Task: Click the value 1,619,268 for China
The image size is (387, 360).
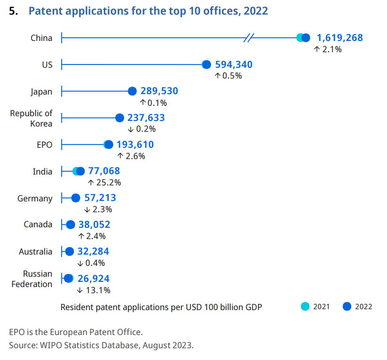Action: coord(340,38)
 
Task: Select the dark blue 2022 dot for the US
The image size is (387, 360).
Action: coord(206,65)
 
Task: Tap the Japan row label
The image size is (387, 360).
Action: coord(42,92)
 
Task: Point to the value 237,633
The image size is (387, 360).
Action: coord(146,118)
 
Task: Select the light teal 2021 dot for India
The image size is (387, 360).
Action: coord(76,172)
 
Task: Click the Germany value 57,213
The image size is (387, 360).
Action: coord(100,198)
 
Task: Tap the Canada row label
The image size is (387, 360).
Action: coord(38,224)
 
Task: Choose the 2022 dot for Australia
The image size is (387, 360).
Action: coord(70,252)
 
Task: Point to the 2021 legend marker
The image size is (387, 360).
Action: coord(305,306)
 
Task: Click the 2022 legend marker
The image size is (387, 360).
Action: coord(347,306)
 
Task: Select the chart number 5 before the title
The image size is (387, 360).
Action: coord(14,11)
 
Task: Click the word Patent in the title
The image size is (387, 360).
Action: coord(46,11)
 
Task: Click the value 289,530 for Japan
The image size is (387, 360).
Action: coord(159,91)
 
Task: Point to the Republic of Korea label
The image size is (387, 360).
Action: coord(32,118)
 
